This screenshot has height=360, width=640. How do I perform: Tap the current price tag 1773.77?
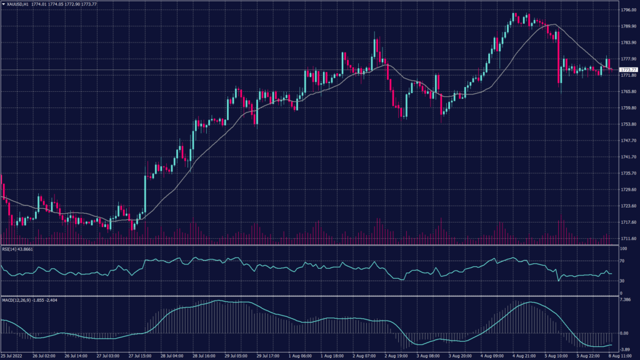628,69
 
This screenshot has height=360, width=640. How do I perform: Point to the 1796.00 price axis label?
628,10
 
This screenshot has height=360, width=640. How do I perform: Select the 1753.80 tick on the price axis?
628,124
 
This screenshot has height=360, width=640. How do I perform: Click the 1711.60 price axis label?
628,239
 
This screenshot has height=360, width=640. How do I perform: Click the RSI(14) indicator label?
9,249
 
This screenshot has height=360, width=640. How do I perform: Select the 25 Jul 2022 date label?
12,356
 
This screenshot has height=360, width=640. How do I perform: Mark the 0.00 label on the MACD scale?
625,333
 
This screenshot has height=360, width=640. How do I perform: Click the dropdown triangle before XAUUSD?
3,4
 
